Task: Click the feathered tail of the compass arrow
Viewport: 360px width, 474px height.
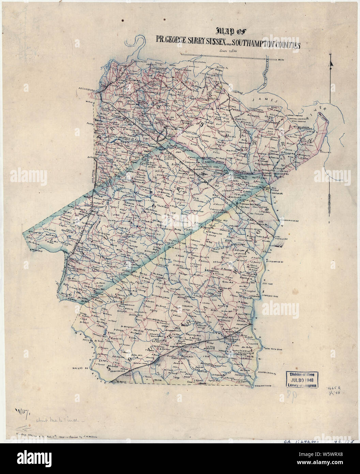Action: (330, 201)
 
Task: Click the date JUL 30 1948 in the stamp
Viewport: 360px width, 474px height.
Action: (301, 380)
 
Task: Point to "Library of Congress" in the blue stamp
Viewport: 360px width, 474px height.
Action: (301, 385)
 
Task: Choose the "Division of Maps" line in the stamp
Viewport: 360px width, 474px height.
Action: (301, 373)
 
